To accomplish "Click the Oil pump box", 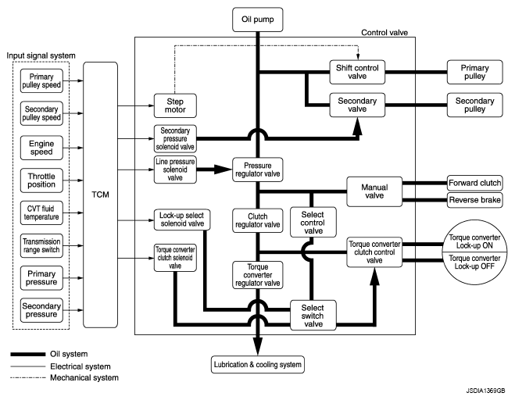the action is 258,20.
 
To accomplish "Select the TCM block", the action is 100,195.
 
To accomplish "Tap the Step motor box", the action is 175,105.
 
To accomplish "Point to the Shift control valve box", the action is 357,72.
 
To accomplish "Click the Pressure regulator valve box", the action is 258,170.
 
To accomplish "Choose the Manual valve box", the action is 374,191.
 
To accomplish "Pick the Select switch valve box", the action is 313,316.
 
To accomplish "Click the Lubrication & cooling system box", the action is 258,365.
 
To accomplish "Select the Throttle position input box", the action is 41,180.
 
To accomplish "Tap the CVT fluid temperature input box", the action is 41,212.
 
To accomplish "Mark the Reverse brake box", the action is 474,200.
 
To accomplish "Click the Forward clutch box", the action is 474,183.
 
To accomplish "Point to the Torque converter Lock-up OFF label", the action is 474,262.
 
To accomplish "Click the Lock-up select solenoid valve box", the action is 182,220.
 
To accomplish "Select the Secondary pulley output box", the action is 474,105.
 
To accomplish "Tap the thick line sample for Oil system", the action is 27,355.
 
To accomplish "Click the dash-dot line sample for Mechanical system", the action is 27,377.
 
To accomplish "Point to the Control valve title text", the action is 384,33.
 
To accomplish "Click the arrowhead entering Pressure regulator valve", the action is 224,170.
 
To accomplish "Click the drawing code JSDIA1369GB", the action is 485,391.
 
